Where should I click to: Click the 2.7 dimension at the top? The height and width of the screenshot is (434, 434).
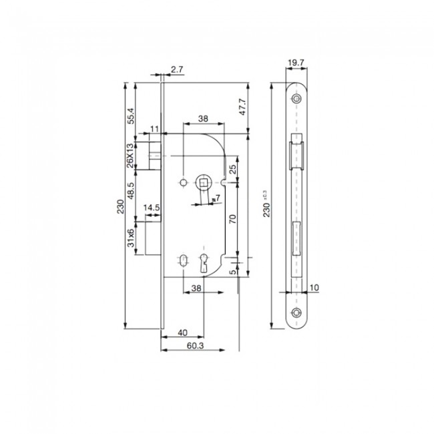(178, 69)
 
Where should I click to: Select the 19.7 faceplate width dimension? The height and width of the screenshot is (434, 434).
(296, 64)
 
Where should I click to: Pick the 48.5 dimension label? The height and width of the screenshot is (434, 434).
(132, 191)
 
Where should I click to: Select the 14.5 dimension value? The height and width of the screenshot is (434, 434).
(151, 208)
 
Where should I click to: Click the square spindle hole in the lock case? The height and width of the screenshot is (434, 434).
(202, 182)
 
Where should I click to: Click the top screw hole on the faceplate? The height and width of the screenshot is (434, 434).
(296, 99)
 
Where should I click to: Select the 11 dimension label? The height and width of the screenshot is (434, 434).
(154, 128)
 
